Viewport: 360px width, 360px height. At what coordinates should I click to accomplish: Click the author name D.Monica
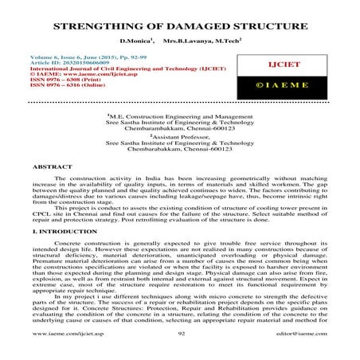point(135,40)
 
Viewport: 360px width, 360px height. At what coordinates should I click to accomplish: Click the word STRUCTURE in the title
point(269,26)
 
